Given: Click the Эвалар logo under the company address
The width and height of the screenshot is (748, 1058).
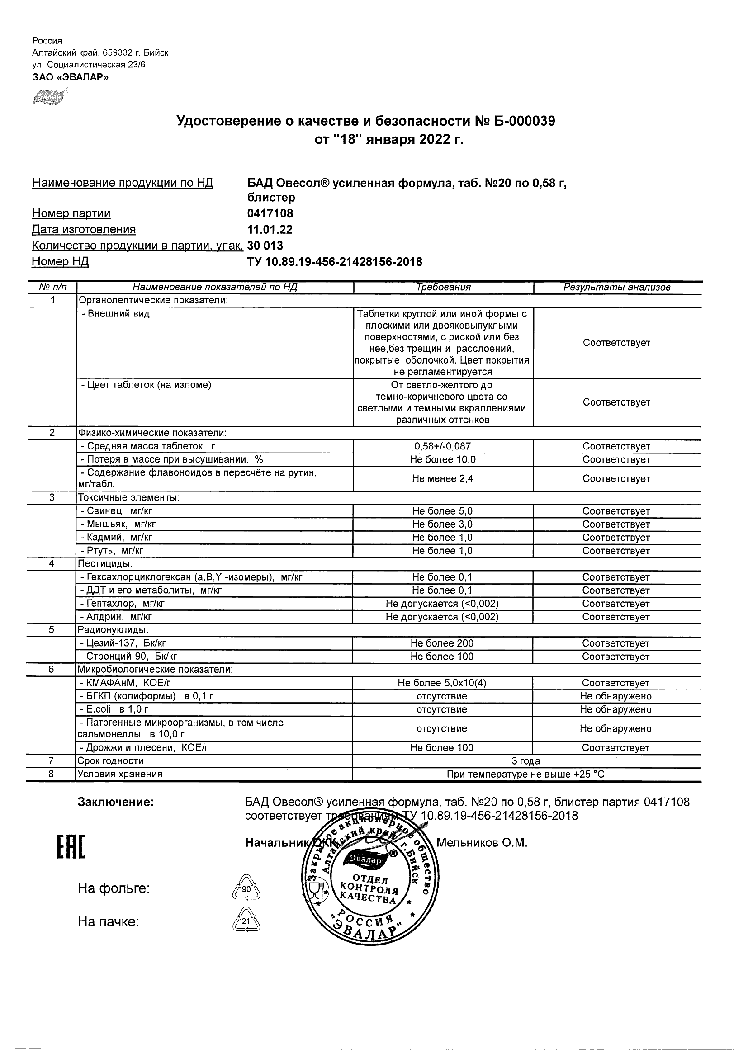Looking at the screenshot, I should (49, 98).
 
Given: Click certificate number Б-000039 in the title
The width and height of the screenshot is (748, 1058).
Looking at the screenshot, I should (515, 121).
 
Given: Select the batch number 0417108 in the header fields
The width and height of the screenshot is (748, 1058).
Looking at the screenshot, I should (270, 213).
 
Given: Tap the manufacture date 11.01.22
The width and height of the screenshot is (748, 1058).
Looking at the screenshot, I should (270, 230).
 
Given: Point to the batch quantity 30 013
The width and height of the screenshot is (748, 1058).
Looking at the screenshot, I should (265, 245).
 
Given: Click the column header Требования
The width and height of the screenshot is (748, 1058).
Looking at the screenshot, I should (443, 288).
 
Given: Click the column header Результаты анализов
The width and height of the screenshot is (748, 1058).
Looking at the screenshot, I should (617, 288).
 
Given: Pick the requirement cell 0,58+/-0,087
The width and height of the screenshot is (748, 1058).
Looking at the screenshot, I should (442, 446).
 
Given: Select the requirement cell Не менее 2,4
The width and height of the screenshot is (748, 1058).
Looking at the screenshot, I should (442, 478).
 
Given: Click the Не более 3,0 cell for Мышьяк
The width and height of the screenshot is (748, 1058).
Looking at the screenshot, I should (442, 524).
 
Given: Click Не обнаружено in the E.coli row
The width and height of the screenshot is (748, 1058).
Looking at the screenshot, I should (616, 709).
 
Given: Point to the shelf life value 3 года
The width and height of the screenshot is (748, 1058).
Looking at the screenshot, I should (526, 761).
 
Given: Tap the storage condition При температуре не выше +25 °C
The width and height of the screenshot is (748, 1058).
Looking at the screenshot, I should (525, 774).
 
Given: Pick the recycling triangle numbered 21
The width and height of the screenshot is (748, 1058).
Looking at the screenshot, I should (246, 922).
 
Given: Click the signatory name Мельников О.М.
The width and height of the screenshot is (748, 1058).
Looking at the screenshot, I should (482, 843).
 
